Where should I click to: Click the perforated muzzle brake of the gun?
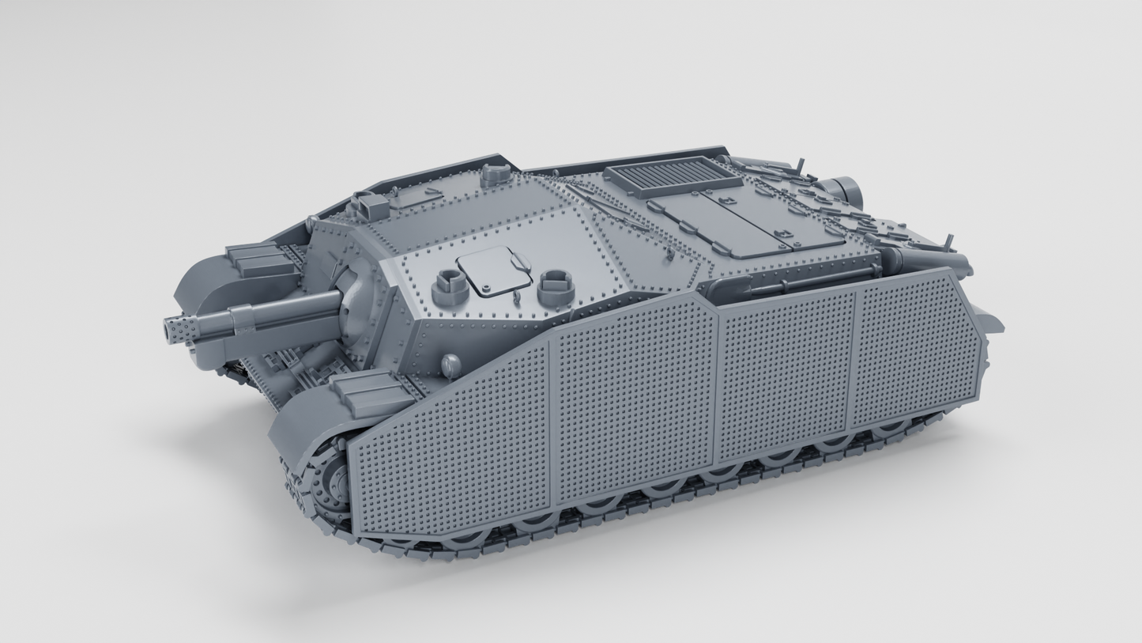click(179, 327)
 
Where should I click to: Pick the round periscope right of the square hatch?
click(556, 286)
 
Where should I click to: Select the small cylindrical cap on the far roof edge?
click(496, 174)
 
